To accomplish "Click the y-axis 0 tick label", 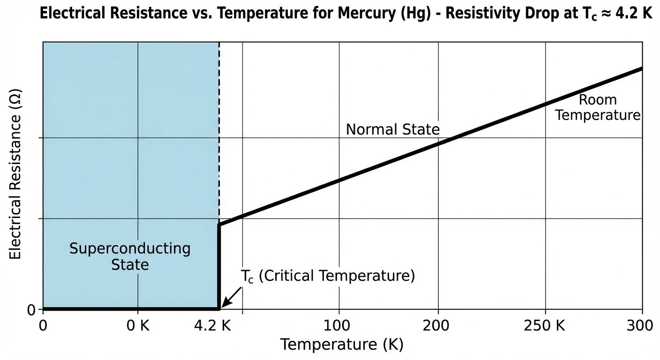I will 31,309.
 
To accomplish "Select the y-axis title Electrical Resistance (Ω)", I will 15,180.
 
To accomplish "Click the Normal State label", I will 393,129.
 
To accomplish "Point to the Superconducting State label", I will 130,256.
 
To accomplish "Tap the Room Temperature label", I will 598,107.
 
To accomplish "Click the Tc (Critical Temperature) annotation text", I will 328,276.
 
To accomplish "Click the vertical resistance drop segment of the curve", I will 219,267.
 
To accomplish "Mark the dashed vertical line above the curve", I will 219,131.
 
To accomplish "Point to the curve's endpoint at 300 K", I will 640,69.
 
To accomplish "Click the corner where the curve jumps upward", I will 219,225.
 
